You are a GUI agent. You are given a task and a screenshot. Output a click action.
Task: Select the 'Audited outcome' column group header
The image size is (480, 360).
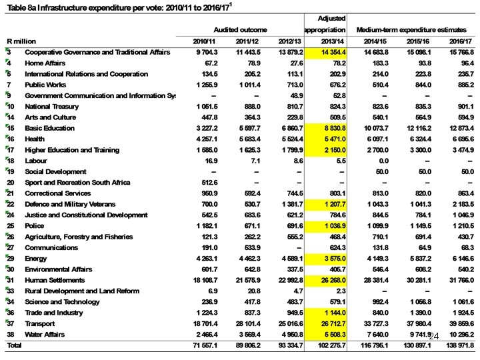tap(240, 30)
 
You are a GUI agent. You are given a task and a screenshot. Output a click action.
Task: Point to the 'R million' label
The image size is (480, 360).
tap(21, 41)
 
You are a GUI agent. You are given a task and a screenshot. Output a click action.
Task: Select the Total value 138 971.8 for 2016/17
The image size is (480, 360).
tap(457, 345)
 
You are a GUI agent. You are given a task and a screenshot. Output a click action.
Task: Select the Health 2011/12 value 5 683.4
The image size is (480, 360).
tap(247, 139)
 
